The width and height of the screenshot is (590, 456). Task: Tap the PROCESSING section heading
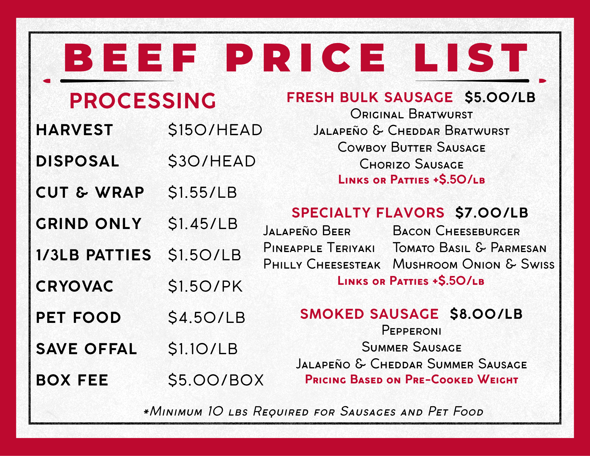[x=143, y=101]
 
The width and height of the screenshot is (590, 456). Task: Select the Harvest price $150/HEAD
[x=215, y=130]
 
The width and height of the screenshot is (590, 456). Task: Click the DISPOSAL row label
[x=77, y=161]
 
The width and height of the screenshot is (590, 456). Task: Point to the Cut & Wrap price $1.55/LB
[x=202, y=192]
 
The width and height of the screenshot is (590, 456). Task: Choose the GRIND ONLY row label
[x=89, y=224]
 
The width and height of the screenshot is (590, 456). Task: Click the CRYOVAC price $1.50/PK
[x=205, y=286]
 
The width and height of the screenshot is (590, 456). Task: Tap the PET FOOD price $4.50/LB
[x=207, y=318]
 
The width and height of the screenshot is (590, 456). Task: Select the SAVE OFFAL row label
[x=86, y=349]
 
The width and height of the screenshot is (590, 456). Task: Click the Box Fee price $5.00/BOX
[x=216, y=380]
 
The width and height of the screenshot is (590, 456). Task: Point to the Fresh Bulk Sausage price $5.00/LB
[x=500, y=97]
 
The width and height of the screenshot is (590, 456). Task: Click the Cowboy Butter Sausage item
[x=411, y=147]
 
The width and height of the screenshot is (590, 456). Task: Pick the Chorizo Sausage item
[x=411, y=164]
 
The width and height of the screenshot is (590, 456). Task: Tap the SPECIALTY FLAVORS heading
[x=368, y=213]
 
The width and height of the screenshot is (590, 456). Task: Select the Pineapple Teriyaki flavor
[x=319, y=248]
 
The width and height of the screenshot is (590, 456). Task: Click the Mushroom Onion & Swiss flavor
[x=474, y=264]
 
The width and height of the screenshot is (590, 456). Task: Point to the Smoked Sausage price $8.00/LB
[x=486, y=314]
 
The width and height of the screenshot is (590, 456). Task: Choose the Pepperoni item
[x=411, y=330]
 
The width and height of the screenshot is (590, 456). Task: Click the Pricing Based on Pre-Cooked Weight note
[x=411, y=380]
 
